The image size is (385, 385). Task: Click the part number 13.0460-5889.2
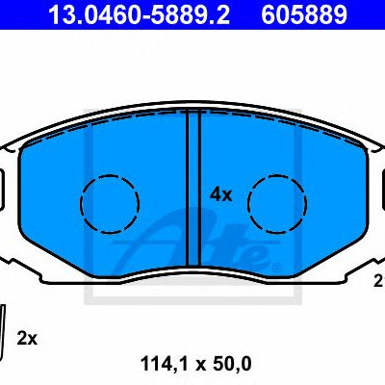(139, 14)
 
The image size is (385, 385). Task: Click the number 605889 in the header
(304, 14)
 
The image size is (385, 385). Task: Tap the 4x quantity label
(220, 195)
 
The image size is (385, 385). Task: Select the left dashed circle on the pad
(110, 175)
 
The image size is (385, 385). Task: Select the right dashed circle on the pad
(277, 175)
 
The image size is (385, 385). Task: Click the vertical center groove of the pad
(192, 190)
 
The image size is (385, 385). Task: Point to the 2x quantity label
(27, 339)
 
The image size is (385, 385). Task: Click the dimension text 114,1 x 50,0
(195, 364)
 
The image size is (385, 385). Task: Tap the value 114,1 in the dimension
(165, 364)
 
